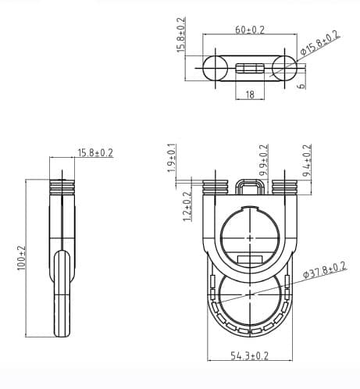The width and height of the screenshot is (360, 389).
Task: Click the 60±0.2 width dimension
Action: [x=250, y=30]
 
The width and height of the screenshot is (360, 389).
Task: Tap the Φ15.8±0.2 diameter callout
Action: [x=320, y=43]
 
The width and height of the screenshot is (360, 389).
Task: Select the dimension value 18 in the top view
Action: [x=250, y=95]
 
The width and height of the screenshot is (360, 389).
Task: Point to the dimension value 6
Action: [x=301, y=86]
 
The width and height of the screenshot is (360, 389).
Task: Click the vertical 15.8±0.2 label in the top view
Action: [x=181, y=34]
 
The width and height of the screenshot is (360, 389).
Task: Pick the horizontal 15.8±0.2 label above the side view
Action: [x=95, y=153]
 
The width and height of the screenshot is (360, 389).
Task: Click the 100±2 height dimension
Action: [x=21, y=258]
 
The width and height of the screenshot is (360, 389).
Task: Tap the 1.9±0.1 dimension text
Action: [x=172, y=158]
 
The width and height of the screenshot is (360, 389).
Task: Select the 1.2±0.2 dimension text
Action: [x=187, y=206]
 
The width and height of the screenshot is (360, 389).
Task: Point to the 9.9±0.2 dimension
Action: [x=264, y=160]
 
